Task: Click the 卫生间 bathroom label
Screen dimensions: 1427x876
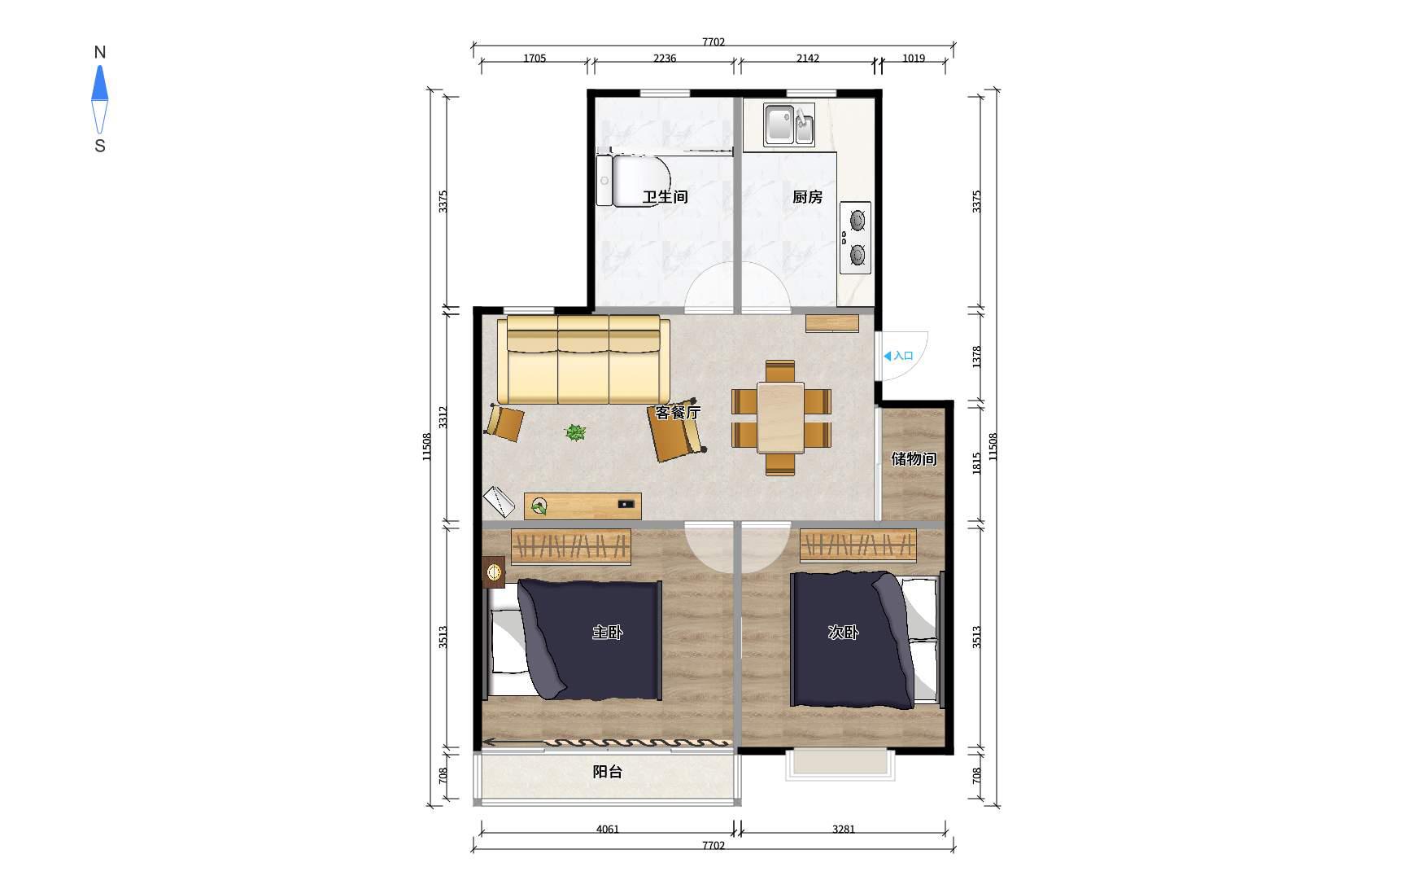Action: [665, 197]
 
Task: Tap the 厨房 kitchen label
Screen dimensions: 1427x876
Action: [808, 197]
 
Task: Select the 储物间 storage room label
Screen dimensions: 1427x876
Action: [914, 458]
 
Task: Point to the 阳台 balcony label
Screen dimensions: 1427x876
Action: [608, 772]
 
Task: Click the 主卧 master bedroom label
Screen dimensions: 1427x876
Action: [608, 633]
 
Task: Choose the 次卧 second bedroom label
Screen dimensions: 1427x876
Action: [844, 633]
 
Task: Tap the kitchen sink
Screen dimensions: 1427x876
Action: [788, 125]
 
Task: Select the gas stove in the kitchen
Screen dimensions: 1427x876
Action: [855, 238]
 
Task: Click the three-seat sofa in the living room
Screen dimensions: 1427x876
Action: [584, 360]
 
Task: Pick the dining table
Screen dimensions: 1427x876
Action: [781, 417]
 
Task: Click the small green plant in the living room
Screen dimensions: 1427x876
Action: [575, 432]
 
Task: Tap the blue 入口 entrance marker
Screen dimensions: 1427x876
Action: [898, 356]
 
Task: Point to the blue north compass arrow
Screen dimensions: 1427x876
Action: [99, 83]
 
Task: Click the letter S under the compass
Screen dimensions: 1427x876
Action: [100, 147]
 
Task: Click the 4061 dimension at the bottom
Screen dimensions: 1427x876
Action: [608, 830]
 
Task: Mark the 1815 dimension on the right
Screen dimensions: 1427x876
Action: [977, 462]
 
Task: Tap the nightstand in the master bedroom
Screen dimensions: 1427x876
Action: [494, 572]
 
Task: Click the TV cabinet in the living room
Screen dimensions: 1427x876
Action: [583, 506]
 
